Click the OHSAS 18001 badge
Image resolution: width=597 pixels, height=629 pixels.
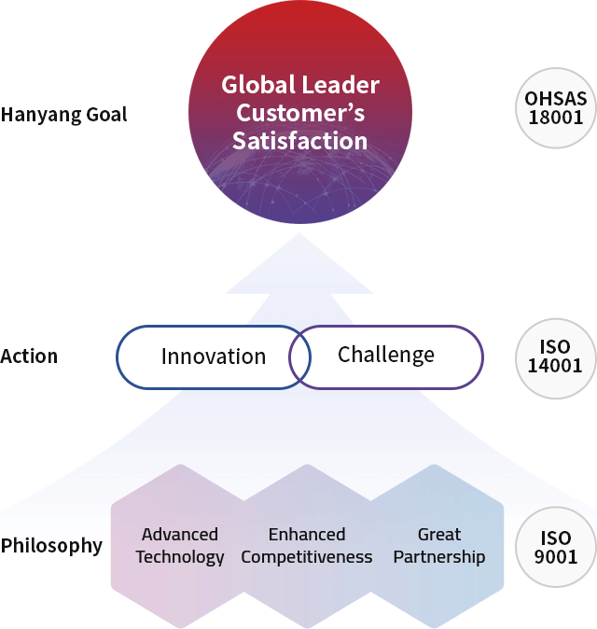(x=556, y=108)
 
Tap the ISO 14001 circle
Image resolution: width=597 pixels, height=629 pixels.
(x=556, y=358)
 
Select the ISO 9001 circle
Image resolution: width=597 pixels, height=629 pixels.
(x=556, y=547)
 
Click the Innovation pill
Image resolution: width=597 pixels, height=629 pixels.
(x=214, y=357)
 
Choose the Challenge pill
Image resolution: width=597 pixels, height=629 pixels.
(x=386, y=357)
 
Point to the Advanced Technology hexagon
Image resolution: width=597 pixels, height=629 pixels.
(x=180, y=546)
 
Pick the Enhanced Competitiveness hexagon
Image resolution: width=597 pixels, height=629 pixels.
(x=307, y=546)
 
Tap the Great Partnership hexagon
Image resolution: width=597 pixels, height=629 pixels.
(x=438, y=546)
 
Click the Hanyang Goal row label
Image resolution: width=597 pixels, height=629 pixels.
(x=63, y=115)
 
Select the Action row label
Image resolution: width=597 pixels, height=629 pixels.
(x=29, y=356)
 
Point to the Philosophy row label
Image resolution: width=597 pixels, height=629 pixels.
(x=51, y=546)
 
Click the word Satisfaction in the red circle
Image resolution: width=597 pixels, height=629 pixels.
(x=300, y=141)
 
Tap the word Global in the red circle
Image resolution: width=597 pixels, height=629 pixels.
(x=258, y=85)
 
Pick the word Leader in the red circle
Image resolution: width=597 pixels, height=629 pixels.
(x=340, y=85)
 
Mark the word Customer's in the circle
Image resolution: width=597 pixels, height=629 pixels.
(x=300, y=113)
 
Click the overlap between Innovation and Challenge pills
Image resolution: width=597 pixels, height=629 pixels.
(x=300, y=357)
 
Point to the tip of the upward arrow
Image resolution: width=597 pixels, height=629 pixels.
(x=299, y=233)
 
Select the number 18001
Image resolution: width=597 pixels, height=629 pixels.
(x=556, y=118)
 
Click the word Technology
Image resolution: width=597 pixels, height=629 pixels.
(x=180, y=557)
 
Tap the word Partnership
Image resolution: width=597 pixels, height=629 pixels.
(x=439, y=557)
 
